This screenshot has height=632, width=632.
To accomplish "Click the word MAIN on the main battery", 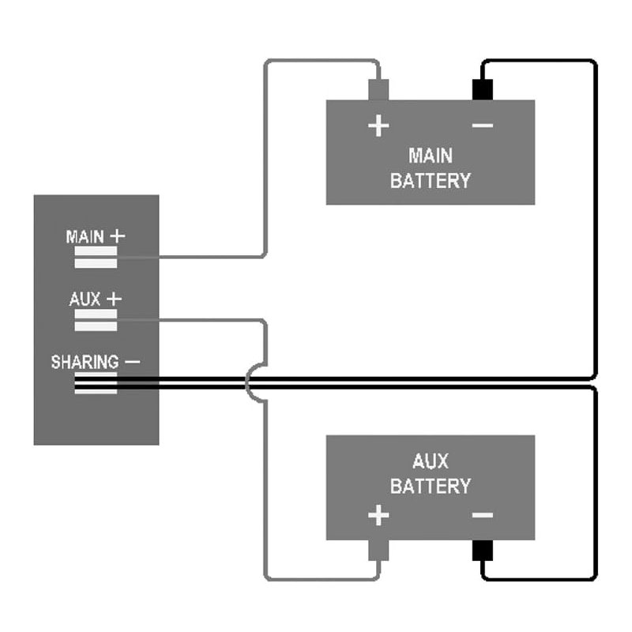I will [431, 155].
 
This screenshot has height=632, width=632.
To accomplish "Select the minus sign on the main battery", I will [482, 126].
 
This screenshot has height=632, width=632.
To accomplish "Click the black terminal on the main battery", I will [482, 89].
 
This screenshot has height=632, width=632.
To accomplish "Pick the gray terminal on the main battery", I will [378, 89].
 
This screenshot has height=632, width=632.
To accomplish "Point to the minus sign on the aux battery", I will [482, 517].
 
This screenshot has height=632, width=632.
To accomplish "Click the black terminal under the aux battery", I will [482, 551].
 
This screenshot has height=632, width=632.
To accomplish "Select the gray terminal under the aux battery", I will [378, 551].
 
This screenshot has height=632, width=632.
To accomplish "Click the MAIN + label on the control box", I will [96, 236].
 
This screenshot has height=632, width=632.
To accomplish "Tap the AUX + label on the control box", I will [96, 299].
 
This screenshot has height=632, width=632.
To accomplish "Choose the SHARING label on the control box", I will [85, 363].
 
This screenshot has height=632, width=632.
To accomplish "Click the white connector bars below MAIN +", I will [96, 258].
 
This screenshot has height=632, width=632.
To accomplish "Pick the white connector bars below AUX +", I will [96, 321].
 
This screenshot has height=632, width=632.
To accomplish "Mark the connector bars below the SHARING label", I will [96, 384].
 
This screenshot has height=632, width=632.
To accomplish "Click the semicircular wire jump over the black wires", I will [250, 383].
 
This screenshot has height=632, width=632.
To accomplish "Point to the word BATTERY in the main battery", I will [431, 180].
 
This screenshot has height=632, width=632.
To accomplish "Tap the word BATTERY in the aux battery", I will [431, 486].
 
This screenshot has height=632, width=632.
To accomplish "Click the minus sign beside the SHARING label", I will [132, 362].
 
